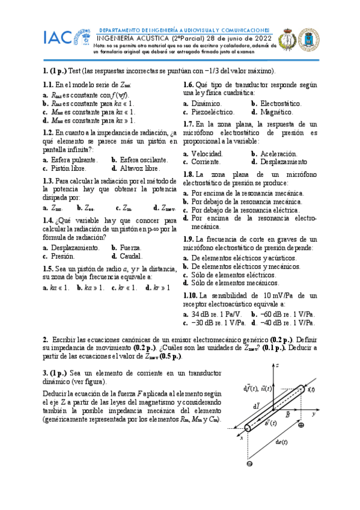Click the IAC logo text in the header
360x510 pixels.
point(58,37)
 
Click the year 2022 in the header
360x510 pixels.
point(263,37)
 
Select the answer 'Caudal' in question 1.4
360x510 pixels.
point(132,256)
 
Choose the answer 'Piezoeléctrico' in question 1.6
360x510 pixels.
point(215,112)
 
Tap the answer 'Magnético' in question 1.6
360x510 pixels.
point(276,112)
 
